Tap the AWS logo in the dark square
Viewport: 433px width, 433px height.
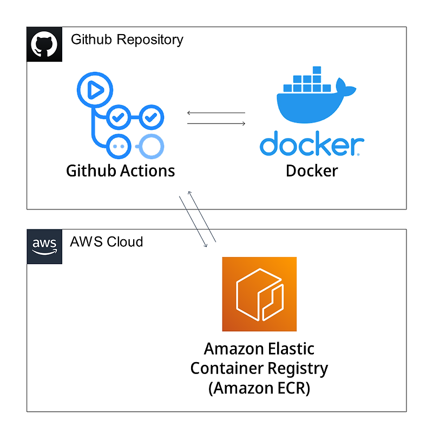point(44,246)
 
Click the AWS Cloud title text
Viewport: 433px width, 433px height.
point(107,241)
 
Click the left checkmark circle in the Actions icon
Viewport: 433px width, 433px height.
point(117,116)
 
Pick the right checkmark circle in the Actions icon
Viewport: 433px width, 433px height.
point(152,116)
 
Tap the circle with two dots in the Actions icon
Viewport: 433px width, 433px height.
point(118,146)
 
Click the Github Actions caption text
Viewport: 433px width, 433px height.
point(120,171)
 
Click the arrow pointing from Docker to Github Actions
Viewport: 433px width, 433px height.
point(215,113)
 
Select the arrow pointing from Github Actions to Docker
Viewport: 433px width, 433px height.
point(215,124)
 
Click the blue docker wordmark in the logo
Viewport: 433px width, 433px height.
point(311,144)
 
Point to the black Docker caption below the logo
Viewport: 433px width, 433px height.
point(311,171)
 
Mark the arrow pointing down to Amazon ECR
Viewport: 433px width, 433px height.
point(193,222)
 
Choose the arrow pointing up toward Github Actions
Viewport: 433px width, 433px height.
point(202,216)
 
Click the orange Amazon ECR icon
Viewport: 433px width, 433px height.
point(259,294)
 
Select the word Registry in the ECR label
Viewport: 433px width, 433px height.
point(299,369)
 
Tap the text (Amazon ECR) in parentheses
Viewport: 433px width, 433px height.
point(259,389)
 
